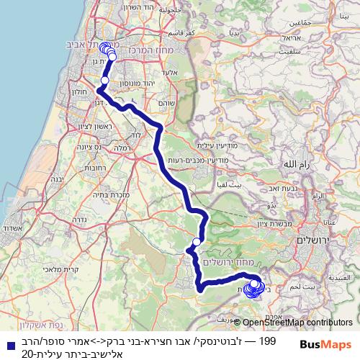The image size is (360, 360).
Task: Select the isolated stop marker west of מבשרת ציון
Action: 197,242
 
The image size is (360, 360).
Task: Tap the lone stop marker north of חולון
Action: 104,81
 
